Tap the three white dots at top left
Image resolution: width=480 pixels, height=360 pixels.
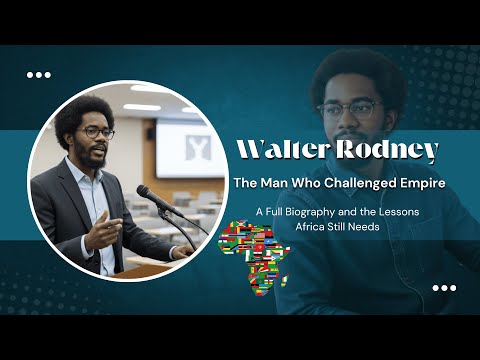38,74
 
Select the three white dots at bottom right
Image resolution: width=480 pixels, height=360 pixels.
443,288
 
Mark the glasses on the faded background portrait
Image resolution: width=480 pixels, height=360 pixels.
350,108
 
